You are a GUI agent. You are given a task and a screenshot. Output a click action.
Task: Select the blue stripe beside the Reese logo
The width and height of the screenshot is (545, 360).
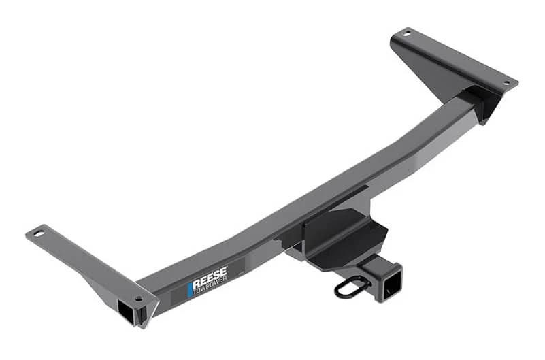point(191,289)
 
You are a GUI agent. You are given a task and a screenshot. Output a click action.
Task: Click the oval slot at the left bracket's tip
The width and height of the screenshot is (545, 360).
point(38,234)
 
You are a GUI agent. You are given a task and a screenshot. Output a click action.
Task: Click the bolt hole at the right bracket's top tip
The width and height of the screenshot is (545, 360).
point(406,32)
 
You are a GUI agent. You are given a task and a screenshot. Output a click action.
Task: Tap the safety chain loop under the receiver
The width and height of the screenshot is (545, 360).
point(351,289)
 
